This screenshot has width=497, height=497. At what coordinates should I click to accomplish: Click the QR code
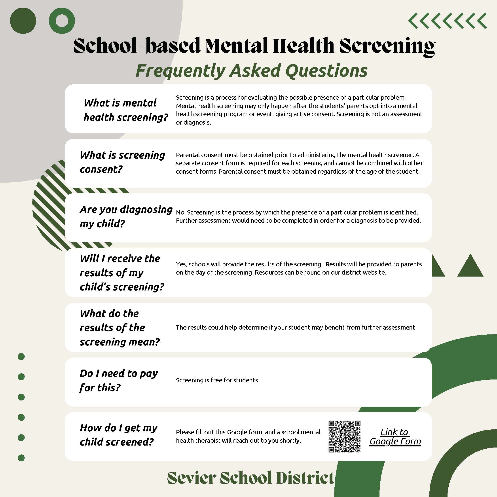(x=344, y=436)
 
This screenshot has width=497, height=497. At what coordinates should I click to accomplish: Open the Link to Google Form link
(x=395, y=436)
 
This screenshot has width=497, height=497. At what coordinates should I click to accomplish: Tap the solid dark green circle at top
(x=23, y=21)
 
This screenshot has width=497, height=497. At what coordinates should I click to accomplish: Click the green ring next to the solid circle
(x=62, y=21)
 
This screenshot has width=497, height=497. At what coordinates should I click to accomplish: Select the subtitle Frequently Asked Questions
(x=251, y=70)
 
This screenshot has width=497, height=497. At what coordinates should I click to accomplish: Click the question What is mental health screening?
(x=125, y=110)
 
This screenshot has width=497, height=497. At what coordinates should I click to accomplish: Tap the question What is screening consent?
(x=122, y=162)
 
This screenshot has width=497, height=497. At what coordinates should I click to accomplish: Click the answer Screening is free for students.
(x=218, y=380)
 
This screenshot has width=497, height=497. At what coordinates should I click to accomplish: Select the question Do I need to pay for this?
(x=119, y=380)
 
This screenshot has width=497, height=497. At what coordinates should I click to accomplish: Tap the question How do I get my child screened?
(x=118, y=435)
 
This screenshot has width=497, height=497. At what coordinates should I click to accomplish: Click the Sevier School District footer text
(x=251, y=478)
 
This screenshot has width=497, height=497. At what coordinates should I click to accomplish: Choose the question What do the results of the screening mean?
(x=120, y=328)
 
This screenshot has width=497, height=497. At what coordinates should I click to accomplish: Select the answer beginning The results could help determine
(x=296, y=328)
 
